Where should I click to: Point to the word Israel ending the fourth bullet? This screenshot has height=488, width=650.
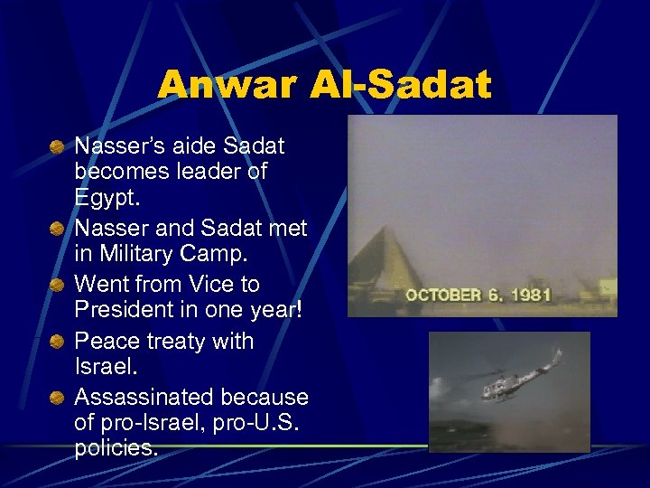(x=103, y=368)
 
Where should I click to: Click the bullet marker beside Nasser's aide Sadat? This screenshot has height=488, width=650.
(x=57, y=145)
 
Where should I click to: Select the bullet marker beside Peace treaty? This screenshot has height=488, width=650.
(x=57, y=342)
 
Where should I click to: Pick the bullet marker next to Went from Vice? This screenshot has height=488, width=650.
(x=57, y=286)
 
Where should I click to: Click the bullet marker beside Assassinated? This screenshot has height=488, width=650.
(x=57, y=398)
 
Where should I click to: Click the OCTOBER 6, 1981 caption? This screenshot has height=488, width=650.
(x=478, y=295)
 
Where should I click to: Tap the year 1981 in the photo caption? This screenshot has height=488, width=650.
(x=529, y=295)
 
